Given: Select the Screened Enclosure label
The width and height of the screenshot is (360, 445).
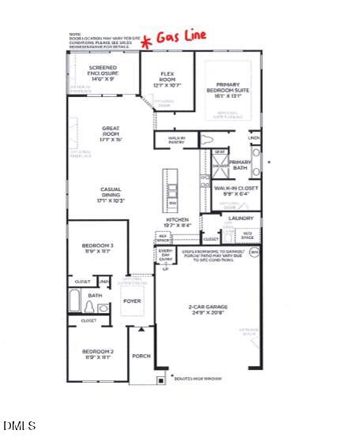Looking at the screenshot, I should pos(103,74).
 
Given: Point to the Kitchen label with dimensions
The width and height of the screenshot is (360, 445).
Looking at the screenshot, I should pos(177,222).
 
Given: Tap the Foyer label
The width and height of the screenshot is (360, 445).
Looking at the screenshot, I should pos(132,300).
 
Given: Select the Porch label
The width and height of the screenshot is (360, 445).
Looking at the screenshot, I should pos(141,357).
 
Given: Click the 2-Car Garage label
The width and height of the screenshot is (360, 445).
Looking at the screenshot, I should pos(208,309).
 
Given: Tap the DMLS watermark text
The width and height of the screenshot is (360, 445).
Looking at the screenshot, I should pos(20,426).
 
